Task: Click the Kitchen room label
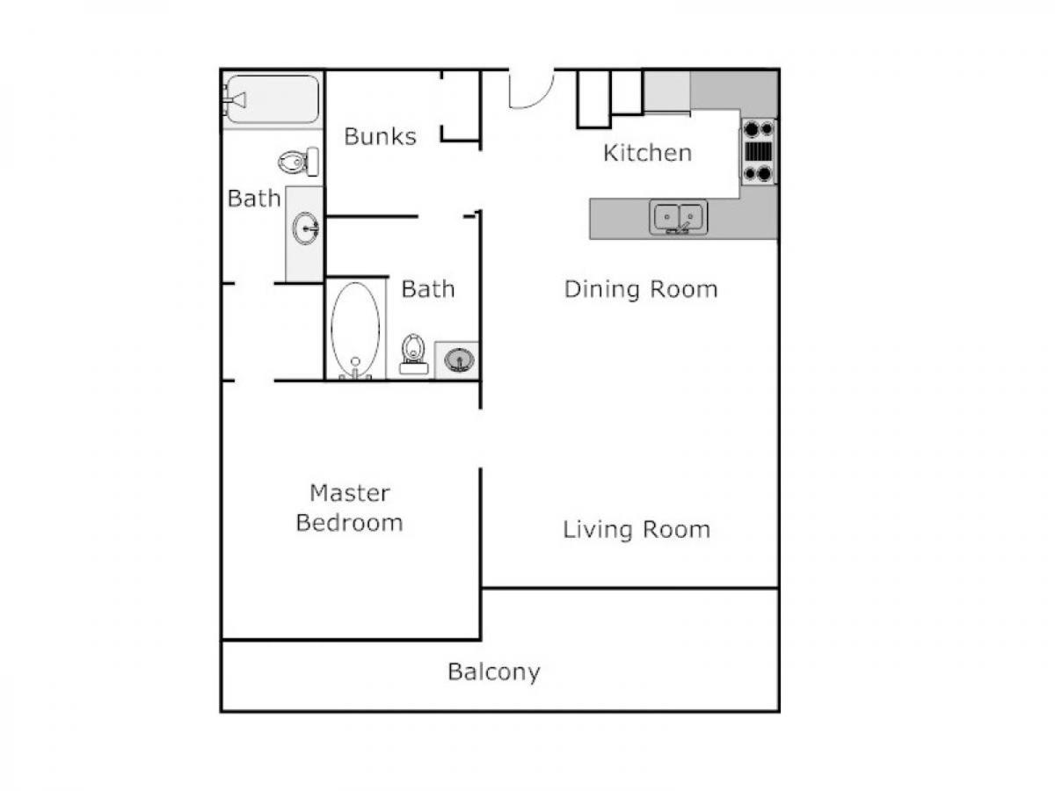[x=647, y=153]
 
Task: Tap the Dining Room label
[x=641, y=289]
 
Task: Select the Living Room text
[x=637, y=530]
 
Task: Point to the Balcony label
[x=493, y=671]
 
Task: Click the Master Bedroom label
[x=349, y=508]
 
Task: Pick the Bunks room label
[x=380, y=136]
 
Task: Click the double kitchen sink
[x=678, y=217]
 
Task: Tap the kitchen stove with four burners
[x=759, y=151]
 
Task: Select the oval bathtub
[x=355, y=330]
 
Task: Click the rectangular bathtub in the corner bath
[x=273, y=99]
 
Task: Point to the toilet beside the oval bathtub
[x=413, y=354]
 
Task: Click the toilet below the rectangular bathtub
[x=298, y=162]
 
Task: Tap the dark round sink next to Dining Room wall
[x=459, y=359]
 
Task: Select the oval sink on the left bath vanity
[x=306, y=229]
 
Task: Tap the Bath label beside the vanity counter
[x=254, y=199]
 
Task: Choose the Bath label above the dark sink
[x=428, y=289]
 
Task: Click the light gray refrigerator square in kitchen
[x=667, y=91]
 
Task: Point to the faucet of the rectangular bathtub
[x=235, y=100]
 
